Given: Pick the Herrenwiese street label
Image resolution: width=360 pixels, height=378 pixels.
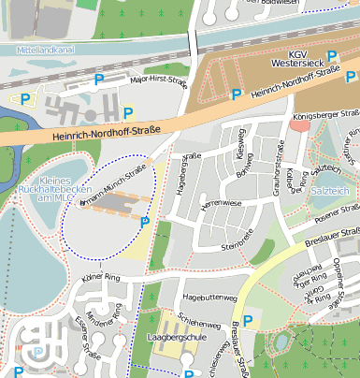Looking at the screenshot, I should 223,203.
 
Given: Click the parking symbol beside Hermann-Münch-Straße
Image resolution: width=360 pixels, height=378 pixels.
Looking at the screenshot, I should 144,222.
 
